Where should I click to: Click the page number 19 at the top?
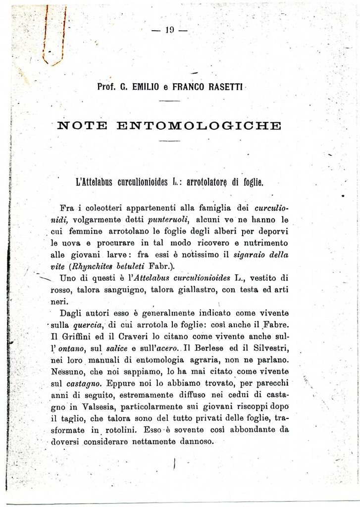(x=170, y=30)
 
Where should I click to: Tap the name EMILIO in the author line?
(x=146, y=86)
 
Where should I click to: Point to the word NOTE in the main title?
(x=81, y=125)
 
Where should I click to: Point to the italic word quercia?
(x=88, y=325)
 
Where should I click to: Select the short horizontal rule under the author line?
(x=170, y=101)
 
